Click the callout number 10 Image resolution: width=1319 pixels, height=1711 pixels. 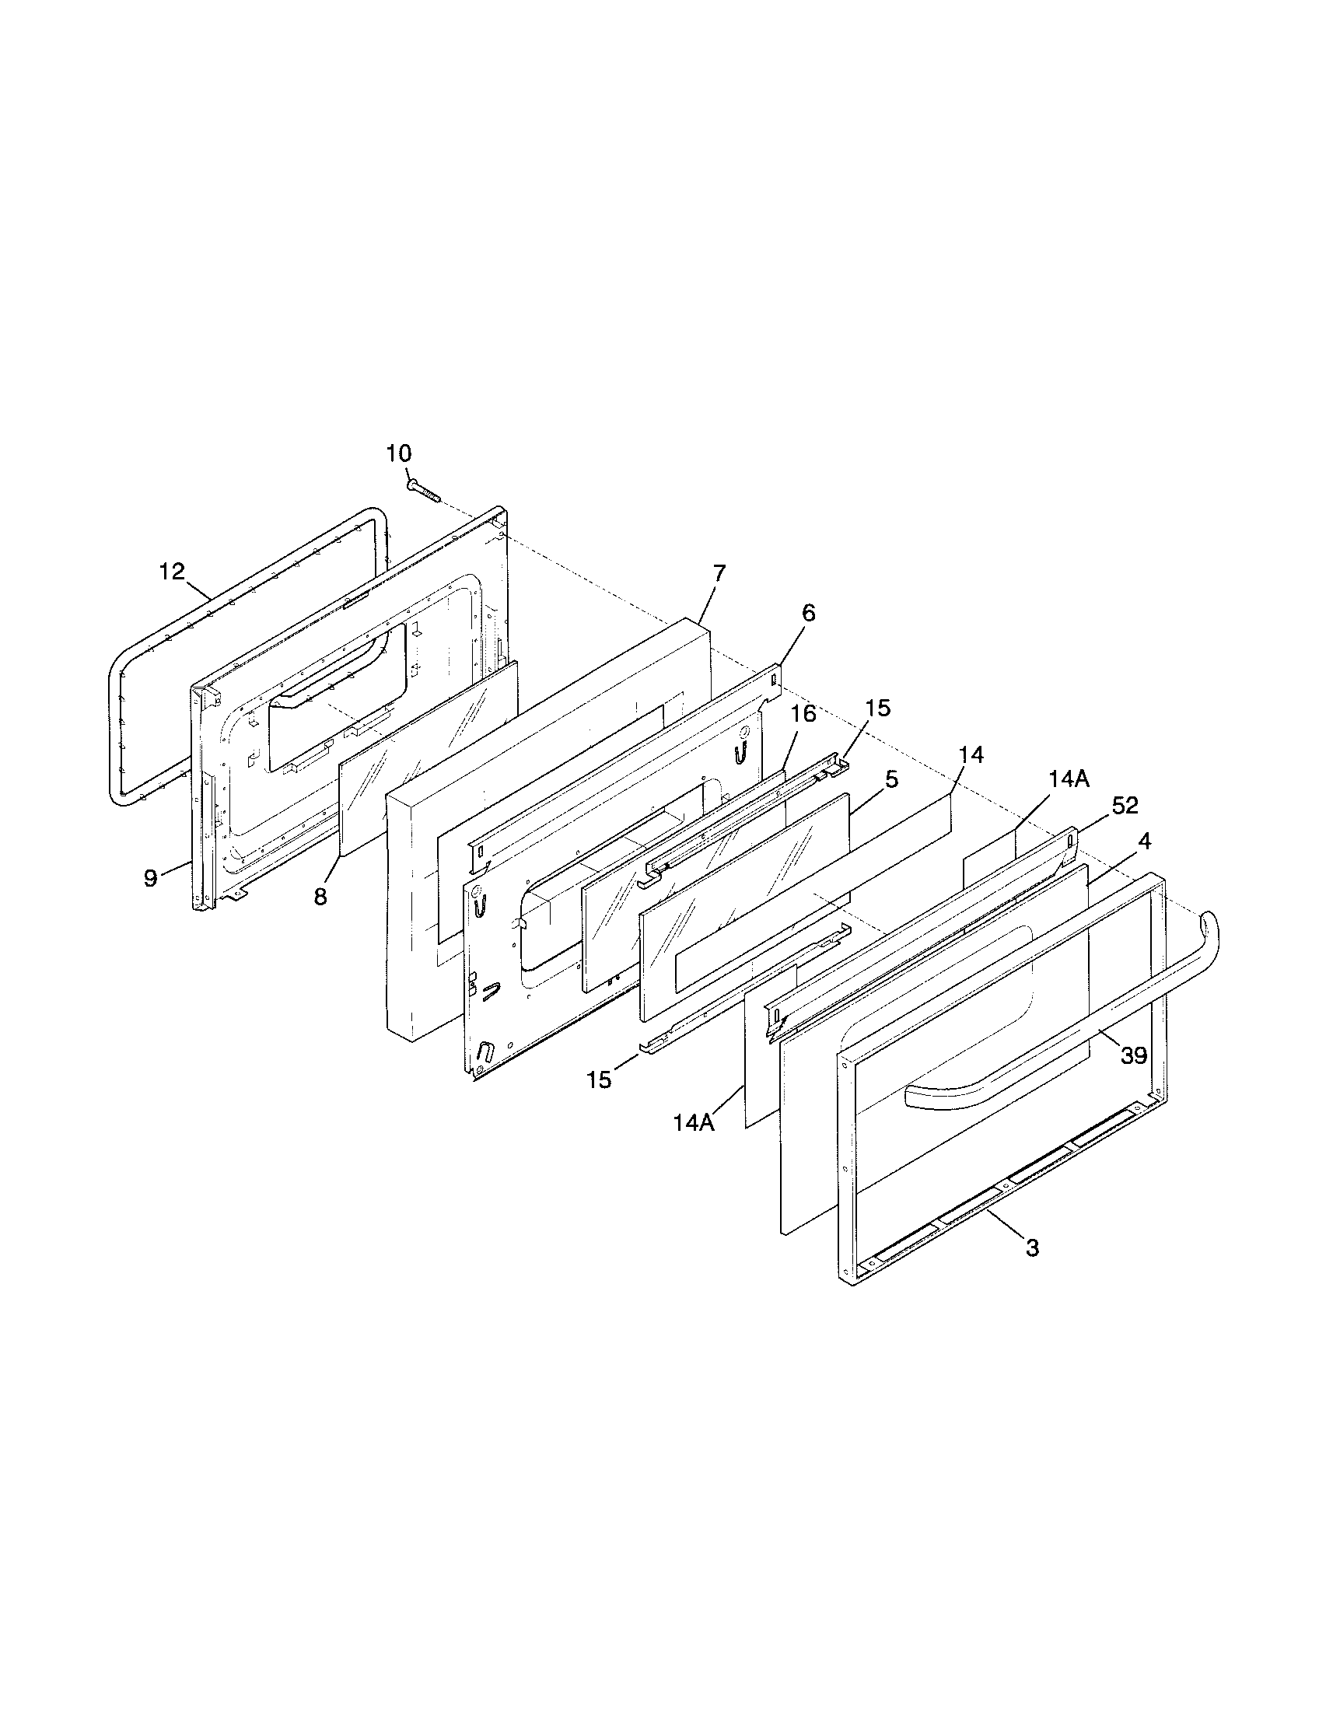point(399,453)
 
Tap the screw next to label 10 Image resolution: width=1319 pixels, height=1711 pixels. point(424,491)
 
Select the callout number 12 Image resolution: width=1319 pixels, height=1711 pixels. point(172,571)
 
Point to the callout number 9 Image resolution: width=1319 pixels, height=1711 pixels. point(150,878)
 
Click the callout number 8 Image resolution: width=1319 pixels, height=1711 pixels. point(320,897)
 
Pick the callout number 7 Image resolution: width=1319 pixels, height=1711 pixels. point(719,572)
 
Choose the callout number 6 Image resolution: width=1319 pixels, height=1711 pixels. point(808,613)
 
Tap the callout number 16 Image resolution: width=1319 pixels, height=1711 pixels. point(803,713)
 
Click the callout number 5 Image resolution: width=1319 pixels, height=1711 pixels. point(891,779)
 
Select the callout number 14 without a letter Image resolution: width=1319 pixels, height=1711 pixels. point(971,754)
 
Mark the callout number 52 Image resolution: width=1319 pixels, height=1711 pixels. point(1125,805)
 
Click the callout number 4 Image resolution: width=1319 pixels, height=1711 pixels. point(1144,842)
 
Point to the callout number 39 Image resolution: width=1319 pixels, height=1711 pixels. point(1134,1056)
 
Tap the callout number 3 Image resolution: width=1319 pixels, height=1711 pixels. point(1032,1248)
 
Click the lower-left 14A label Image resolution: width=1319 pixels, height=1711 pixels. point(694,1122)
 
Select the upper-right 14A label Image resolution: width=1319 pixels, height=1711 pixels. point(1069,780)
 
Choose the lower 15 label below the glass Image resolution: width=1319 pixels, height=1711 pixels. point(599,1079)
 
